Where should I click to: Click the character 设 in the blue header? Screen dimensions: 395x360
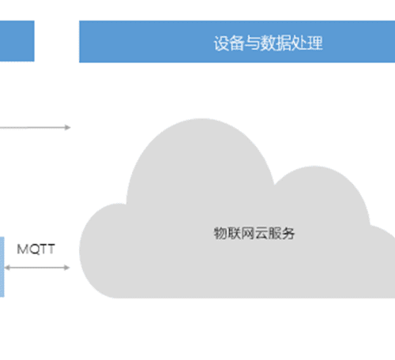221,43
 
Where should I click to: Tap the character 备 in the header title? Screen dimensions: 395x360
236,43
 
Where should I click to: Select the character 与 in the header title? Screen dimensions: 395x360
252,43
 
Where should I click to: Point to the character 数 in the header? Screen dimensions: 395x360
268,43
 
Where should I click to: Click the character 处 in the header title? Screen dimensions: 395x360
299,43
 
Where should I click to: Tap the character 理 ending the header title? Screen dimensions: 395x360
315,43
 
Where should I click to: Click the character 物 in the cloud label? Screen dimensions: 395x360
220,233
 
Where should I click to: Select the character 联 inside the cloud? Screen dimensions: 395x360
234,233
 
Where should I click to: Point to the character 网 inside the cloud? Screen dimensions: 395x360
247,233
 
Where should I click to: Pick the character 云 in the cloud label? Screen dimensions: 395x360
261,233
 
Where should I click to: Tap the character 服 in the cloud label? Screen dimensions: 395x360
275,233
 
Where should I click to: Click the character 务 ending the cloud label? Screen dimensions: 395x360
288,233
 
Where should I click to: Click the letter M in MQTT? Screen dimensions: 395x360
22,249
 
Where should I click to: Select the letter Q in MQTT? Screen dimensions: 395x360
33,249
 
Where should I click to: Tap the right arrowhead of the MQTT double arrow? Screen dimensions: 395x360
67,268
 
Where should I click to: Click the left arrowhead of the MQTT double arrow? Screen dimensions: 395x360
8,268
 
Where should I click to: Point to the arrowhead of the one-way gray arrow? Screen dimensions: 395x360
68,128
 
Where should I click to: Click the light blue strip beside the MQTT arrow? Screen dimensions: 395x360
2,267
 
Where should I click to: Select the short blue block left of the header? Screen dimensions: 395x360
17,41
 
